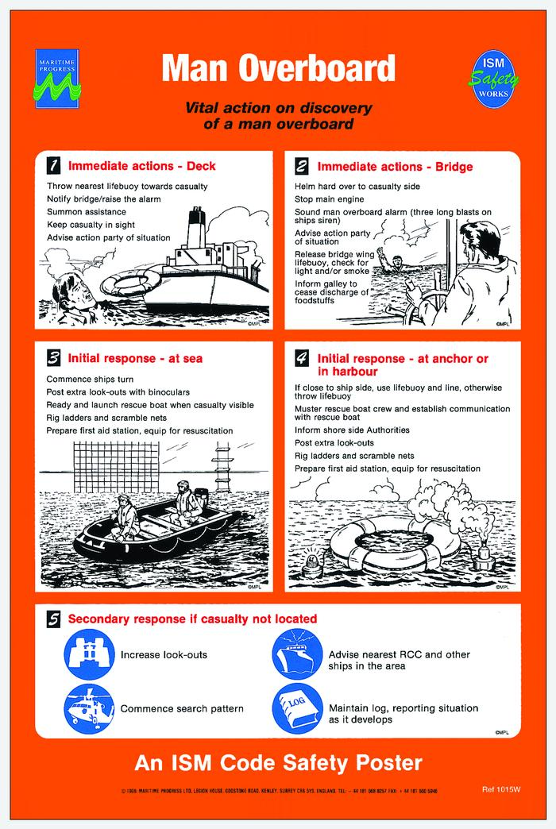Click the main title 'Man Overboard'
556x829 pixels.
pos(278,68)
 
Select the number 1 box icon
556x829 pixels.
pos(53,166)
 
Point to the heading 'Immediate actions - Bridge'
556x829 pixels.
pos(395,167)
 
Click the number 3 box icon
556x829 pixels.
pos(53,357)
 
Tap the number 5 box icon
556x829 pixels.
pos(53,619)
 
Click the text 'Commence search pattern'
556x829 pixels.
pos(181,708)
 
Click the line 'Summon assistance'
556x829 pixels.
pos(86,212)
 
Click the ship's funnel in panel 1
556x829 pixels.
pos(195,230)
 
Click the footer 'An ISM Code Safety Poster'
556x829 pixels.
pos(278,764)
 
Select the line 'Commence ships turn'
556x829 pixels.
pos(93,379)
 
